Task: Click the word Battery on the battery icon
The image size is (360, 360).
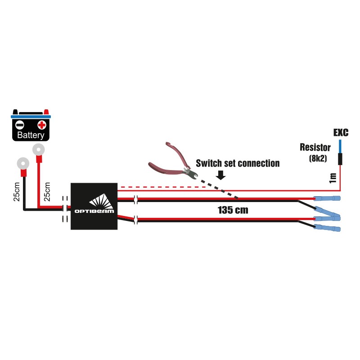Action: pos(31,135)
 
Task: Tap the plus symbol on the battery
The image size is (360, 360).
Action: pos(41,125)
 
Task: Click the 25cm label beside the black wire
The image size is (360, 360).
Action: pos(17,191)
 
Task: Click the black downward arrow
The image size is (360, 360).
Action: pos(220,175)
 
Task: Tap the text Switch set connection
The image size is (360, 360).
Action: pos(238,163)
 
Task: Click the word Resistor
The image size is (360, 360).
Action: pos(315,148)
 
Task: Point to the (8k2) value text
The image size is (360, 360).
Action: pos(318,158)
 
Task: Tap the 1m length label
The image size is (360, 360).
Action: pos(333,177)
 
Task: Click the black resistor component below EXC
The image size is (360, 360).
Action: pos(340,159)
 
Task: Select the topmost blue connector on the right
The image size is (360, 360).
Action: pos(327,198)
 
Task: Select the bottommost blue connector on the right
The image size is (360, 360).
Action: pos(327,229)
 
